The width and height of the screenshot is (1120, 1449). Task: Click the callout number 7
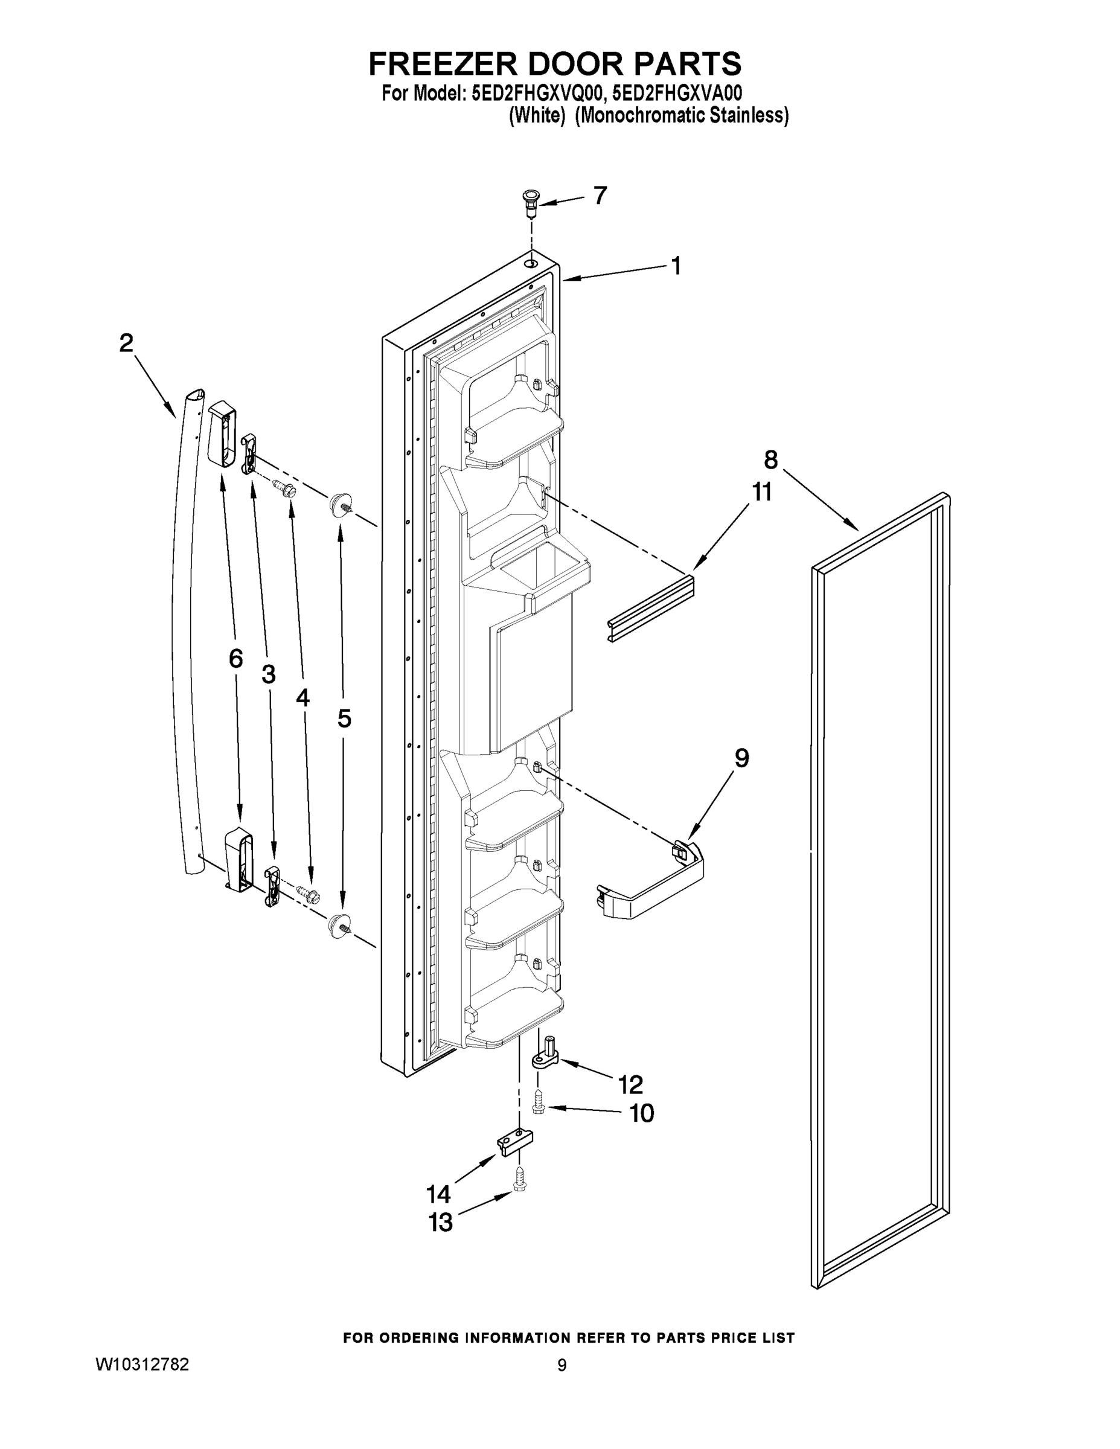click(x=600, y=196)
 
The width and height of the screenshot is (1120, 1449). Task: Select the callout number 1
click(x=676, y=267)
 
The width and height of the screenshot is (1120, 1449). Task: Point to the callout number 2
click(x=126, y=343)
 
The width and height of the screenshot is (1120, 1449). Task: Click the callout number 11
click(x=762, y=492)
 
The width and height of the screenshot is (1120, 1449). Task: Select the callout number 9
click(x=742, y=758)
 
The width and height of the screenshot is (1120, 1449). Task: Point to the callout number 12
click(x=630, y=1086)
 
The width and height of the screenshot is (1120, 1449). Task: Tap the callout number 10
click(x=641, y=1113)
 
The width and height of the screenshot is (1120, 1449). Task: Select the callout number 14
click(x=438, y=1194)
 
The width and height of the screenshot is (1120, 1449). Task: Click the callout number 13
click(x=441, y=1223)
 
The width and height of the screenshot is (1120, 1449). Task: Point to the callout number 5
click(x=344, y=718)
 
